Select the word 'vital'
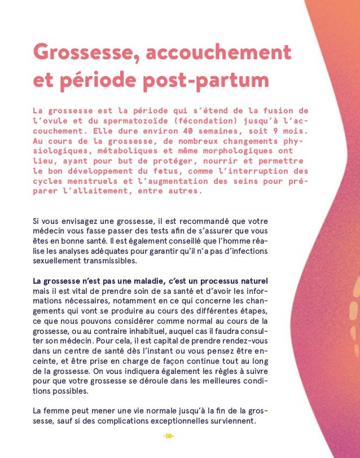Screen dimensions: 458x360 point(76,291)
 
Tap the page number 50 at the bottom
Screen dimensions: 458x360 point(168,436)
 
